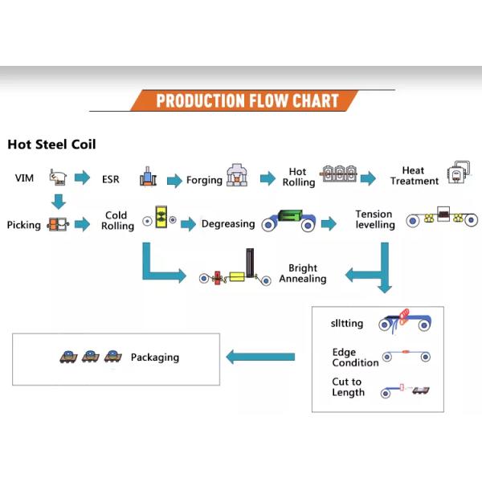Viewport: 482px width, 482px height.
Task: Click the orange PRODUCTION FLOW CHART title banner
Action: [x=247, y=101]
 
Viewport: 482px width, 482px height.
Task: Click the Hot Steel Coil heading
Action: [x=51, y=145]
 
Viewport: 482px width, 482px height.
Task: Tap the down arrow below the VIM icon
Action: [x=59, y=200]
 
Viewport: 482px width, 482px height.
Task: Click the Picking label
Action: [x=24, y=225]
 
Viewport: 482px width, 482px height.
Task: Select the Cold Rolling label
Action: [x=116, y=221]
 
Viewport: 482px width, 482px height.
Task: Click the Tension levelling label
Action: [x=375, y=219]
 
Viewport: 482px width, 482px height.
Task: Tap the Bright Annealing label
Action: [x=302, y=273]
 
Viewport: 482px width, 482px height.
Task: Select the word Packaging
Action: [x=155, y=357]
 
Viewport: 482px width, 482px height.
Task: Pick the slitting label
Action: [x=348, y=324]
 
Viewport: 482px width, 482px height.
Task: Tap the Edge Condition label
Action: [x=355, y=357]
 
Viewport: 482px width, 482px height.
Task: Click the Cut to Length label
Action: [x=348, y=387]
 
